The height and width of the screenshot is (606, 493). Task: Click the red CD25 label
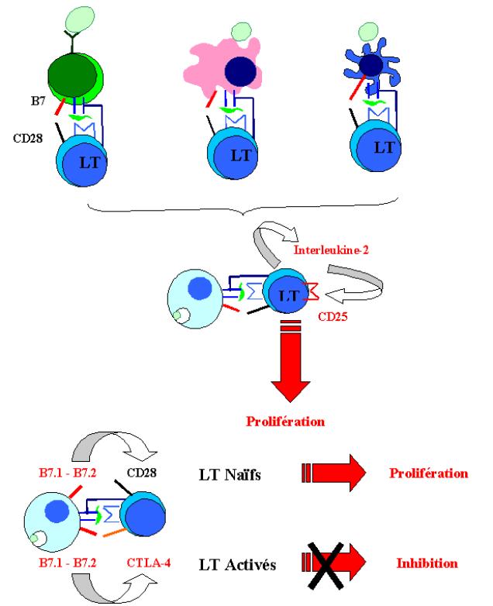point(333,317)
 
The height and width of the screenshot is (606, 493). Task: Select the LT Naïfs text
point(226,473)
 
